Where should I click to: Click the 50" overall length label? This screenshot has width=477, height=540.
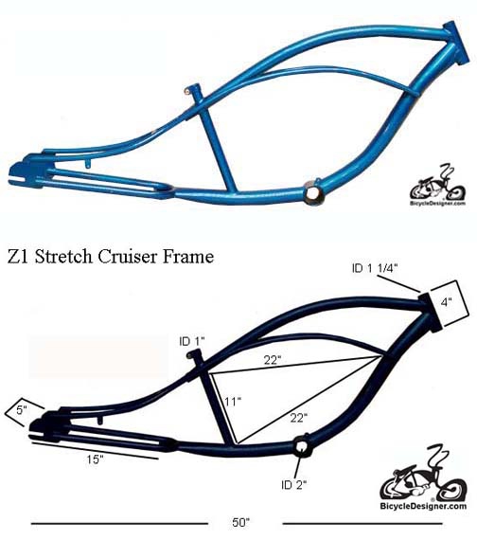point(240,522)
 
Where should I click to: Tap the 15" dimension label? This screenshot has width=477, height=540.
point(95,459)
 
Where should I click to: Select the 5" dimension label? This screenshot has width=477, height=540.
point(22,410)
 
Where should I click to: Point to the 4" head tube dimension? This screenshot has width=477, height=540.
point(446,302)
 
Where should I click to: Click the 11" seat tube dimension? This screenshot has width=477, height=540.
point(233,402)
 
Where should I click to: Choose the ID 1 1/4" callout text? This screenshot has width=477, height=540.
point(375,269)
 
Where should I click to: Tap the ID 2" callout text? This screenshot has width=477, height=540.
point(294,485)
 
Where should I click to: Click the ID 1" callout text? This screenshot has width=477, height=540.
point(192,342)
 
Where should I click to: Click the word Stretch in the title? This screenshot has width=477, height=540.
point(63,257)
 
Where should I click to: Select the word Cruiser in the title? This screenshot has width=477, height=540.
point(127,257)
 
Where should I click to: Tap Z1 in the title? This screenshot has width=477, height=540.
point(19,257)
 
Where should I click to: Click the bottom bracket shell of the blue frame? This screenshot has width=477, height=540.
point(313,194)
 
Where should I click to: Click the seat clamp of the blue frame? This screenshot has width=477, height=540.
point(192,90)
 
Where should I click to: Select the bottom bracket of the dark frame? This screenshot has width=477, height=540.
point(302,445)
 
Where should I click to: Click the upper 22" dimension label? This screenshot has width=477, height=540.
point(273,360)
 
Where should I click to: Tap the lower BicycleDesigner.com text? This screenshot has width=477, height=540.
point(423,506)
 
